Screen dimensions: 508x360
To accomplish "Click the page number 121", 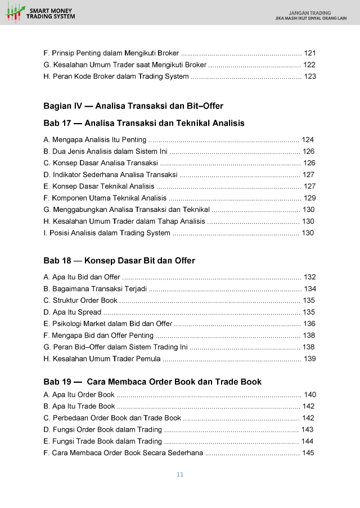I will coord(310,53).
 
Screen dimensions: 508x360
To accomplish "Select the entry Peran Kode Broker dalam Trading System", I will coord(116,76).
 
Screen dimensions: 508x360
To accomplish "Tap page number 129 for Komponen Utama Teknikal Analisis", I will coord(309,198).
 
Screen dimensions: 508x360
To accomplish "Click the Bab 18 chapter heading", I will coord(119,261).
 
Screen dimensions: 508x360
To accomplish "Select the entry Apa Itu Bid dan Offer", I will coord(82,276).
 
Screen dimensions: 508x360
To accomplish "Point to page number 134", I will coord(310,288).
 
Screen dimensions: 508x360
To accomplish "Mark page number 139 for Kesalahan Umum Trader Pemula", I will coord(310,359).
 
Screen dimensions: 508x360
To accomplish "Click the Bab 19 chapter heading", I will coord(152,382).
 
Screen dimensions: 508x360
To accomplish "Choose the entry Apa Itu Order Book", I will coord(79,394).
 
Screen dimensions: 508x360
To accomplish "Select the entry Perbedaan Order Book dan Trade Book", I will coord(112,418).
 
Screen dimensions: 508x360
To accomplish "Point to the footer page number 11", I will coord(180,475).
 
